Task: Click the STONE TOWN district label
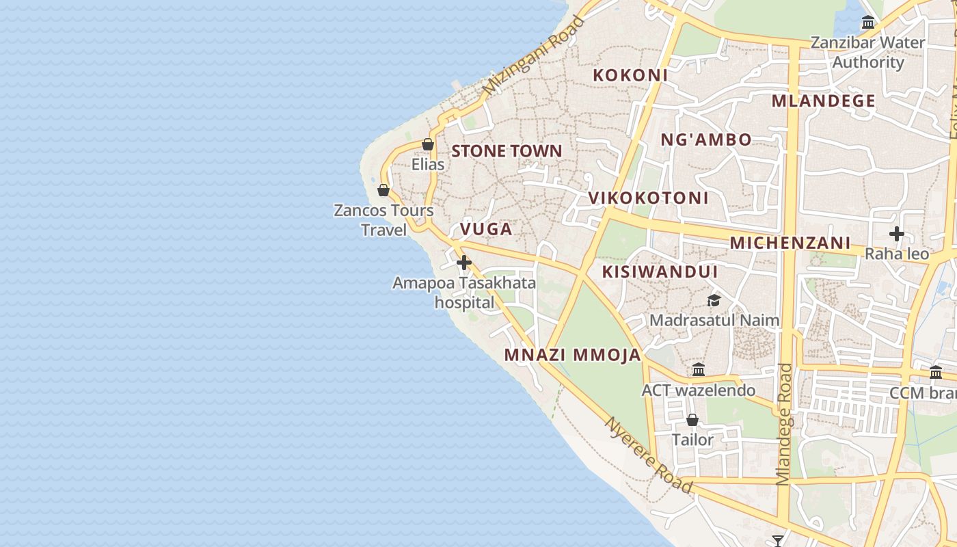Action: pos(507,151)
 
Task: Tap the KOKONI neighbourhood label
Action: pos(630,75)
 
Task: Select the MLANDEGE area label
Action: pos(823,101)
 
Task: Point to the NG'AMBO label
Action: pos(705,139)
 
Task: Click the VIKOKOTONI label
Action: pos(649,198)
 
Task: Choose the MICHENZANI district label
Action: pos(790,243)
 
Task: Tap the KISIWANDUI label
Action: pos(660,272)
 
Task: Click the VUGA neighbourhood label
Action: pos(486,229)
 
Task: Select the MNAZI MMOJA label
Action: pos(573,355)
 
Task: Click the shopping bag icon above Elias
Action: pos(428,144)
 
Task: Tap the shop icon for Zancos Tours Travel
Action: pos(383,190)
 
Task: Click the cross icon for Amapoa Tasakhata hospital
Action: pos(464,263)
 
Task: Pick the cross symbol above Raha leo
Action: pos(896,234)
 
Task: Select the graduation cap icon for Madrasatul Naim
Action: pos(714,300)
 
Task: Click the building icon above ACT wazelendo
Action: pos(699,370)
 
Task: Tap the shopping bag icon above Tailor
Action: pos(692,420)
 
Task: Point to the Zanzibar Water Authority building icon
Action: pos(868,23)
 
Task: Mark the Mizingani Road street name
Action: pos(534,56)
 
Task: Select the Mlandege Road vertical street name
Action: pos(784,424)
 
